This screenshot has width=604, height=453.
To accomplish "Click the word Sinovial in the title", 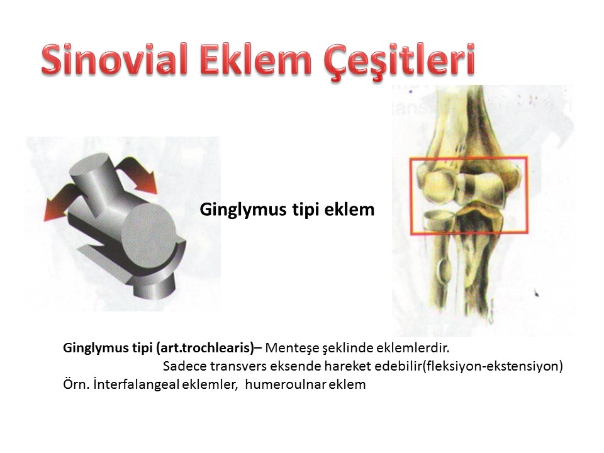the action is [x=115, y=60].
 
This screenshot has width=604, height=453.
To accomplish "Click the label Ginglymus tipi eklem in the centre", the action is [x=287, y=210].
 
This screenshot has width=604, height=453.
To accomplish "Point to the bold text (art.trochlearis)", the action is [x=205, y=348].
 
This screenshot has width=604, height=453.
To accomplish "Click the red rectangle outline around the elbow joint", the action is [x=411, y=196].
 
